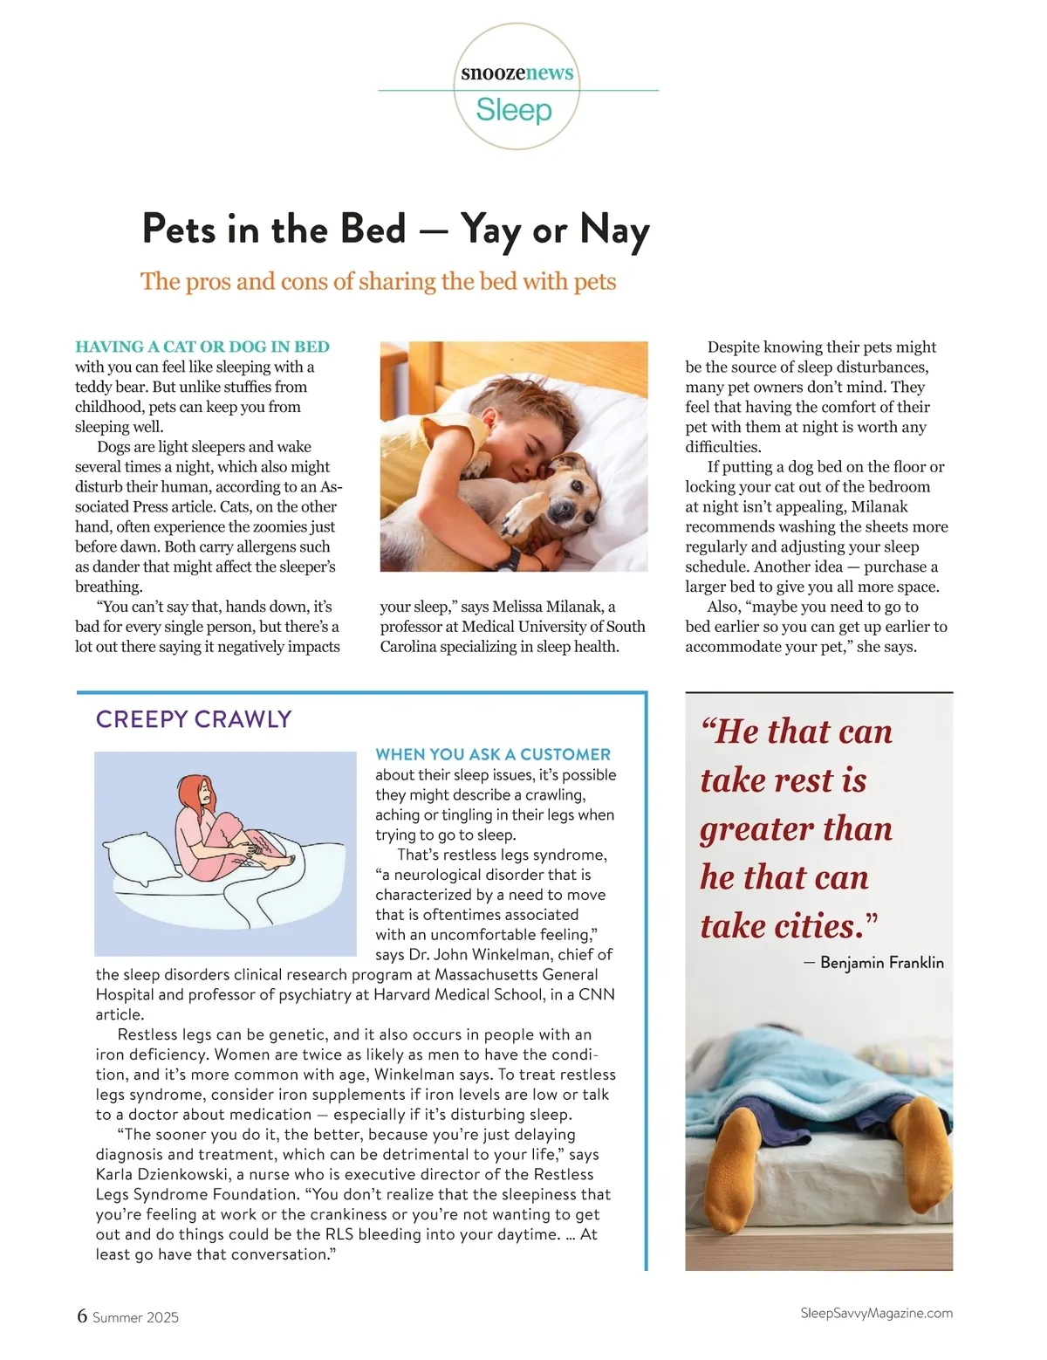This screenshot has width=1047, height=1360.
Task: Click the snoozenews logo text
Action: [517, 72]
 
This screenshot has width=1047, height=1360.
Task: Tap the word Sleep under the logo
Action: [514, 111]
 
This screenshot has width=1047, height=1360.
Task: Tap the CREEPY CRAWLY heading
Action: [194, 719]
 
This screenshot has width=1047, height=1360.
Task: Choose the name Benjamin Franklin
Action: [882, 963]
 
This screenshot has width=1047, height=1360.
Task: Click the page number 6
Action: [82, 1315]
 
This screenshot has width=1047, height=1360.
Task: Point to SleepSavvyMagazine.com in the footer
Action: [876, 1313]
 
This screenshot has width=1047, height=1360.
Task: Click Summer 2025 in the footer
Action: [135, 1317]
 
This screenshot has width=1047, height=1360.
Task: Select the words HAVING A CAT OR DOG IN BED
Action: [202, 347]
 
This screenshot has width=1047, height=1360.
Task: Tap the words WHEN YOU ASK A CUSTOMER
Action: [493, 754]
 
